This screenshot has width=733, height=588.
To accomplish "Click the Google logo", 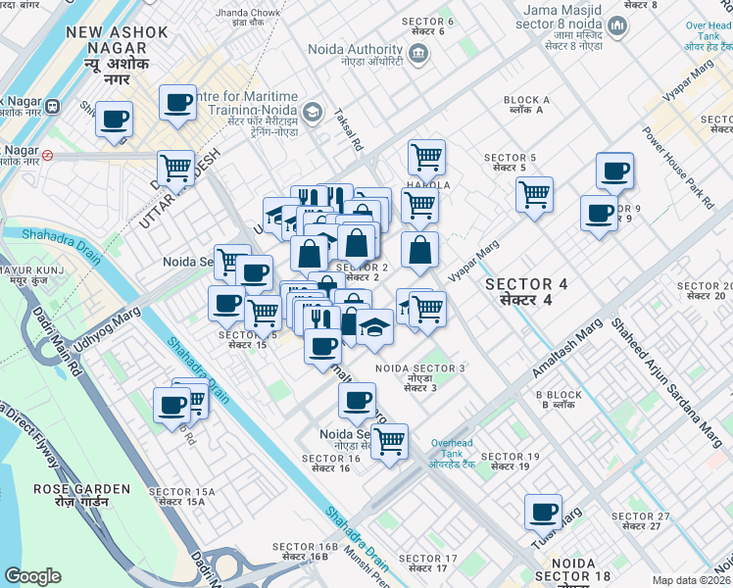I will tap(32, 575).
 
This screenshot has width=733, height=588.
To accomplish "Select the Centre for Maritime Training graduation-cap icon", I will tap(312, 112).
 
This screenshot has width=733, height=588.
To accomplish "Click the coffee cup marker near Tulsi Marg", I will tap(543, 512).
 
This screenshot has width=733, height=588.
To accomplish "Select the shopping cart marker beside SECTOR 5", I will tap(534, 195).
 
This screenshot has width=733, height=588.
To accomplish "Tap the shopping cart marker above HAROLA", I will tap(426, 157).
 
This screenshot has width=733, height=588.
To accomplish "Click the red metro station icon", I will tap(47, 154).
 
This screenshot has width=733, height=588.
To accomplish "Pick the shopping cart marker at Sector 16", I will tap(390, 441).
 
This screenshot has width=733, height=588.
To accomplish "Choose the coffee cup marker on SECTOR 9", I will tap(599, 214).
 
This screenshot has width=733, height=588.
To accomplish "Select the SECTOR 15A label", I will tap(176, 495).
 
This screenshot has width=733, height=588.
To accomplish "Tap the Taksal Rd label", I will tap(349, 128).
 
